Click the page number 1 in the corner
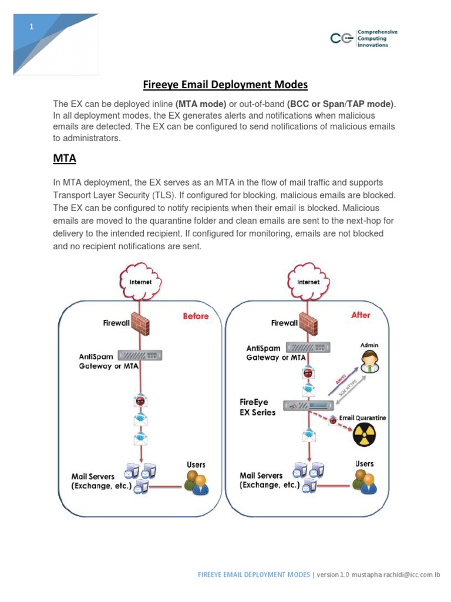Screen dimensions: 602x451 pyautogui.click(x=32, y=27)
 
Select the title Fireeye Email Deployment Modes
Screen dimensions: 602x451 pyautogui.click(x=225, y=85)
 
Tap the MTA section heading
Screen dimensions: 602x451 pyautogui.click(x=65, y=158)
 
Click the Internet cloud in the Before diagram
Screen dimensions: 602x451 pyautogui.click(x=140, y=282)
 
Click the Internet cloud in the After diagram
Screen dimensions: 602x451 pyautogui.click(x=308, y=282)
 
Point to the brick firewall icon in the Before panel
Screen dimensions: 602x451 pyautogui.click(x=140, y=323)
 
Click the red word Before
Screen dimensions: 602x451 pyautogui.click(x=196, y=316)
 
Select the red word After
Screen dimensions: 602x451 pyautogui.click(x=361, y=315)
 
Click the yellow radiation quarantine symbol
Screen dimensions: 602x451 pyautogui.click(x=364, y=436)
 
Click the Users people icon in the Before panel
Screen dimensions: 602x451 pyautogui.click(x=196, y=481)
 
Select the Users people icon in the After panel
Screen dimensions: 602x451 pyautogui.click(x=364, y=480)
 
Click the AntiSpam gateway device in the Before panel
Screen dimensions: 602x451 pyautogui.click(x=140, y=356)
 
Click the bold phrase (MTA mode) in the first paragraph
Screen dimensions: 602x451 pyautogui.click(x=201, y=104)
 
